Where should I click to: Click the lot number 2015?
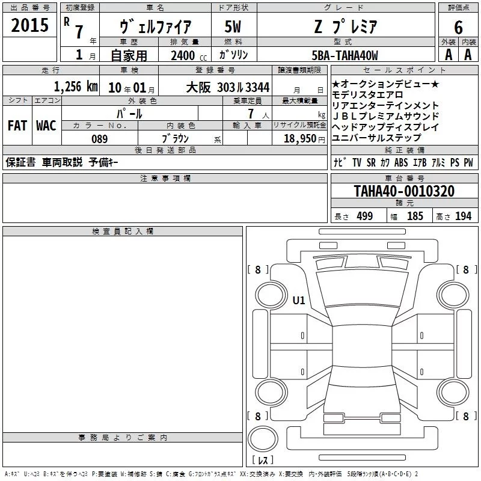pyautogui.click(x=29, y=25)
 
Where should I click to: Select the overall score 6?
pyautogui.click(x=458, y=28)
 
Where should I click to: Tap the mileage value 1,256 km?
pyautogui.click(x=76, y=87)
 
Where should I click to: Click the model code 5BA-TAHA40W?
pyautogui.click(x=345, y=55)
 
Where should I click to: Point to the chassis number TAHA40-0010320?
pyautogui.click(x=404, y=191)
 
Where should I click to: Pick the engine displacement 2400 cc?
pyautogui.click(x=189, y=55)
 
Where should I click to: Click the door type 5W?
pyautogui.click(x=233, y=26)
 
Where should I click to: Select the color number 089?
pyautogui.click(x=100, y=139)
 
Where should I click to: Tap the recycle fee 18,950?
pyautogui.click(x=300, y=138)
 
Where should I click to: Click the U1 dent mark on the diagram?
pyautogui.click(x=299, y=300)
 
